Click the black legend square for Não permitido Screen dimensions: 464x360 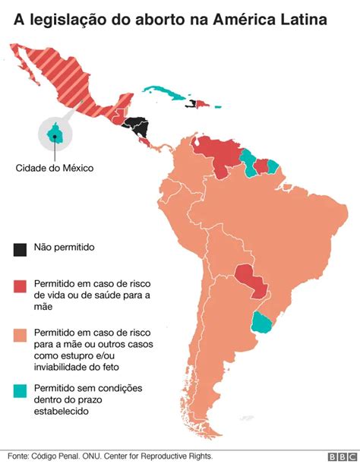tap(20, 248)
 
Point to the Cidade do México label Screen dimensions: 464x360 tap(55, 168)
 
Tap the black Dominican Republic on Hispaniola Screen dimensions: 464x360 tap(201, 104)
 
